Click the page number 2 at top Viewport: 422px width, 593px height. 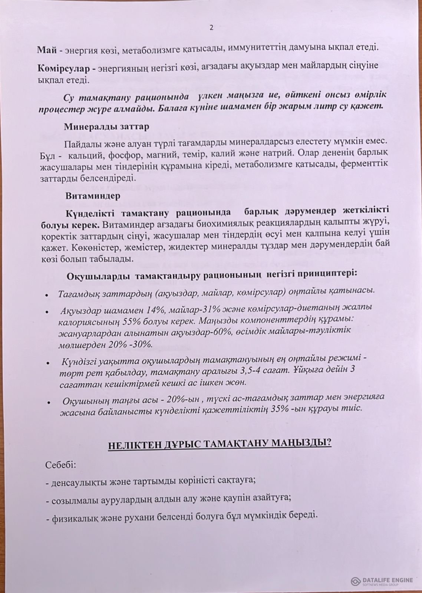pyautogui.click(x=211, y=27)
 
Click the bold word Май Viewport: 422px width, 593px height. pyautogui.click(x=44, y=49)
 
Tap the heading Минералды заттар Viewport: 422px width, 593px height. pyautogui.click(x=107, y=126)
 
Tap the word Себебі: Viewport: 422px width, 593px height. pyautogui.click(x=61, y=465)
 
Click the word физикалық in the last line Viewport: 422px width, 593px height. pyautogui.click(x=67, y=516)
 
